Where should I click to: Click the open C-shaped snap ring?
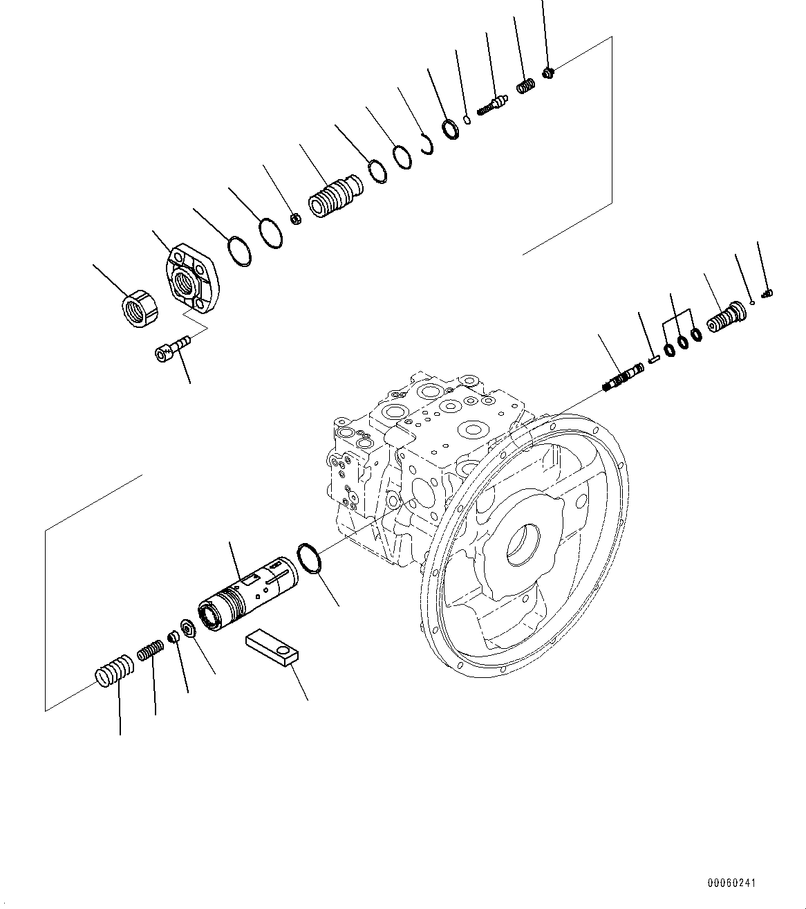(427, 145)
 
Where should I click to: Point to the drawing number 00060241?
(731, 883)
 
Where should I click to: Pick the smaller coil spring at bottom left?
(150, 651)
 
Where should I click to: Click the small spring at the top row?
(526, 87)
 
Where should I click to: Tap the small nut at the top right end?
(548, 72)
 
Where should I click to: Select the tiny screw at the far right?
(766, 294)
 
